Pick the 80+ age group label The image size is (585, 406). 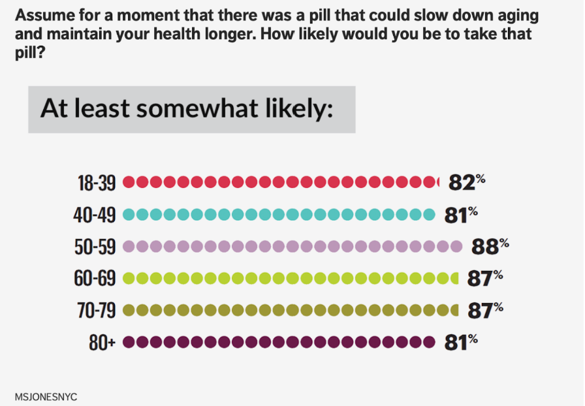coord(103,342)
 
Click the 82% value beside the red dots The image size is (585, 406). coord(466,183)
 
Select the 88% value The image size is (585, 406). coord(489,247)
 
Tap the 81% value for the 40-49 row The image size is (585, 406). coord(460,215)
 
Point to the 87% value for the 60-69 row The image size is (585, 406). coord(484,279)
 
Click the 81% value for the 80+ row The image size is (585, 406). coord(460,342)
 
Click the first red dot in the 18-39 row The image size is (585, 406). coord(129,182)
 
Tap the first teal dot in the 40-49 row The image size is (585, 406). coord(129,214)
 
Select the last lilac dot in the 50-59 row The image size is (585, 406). coord(456,246)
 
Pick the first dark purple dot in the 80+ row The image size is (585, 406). coord(129,341)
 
